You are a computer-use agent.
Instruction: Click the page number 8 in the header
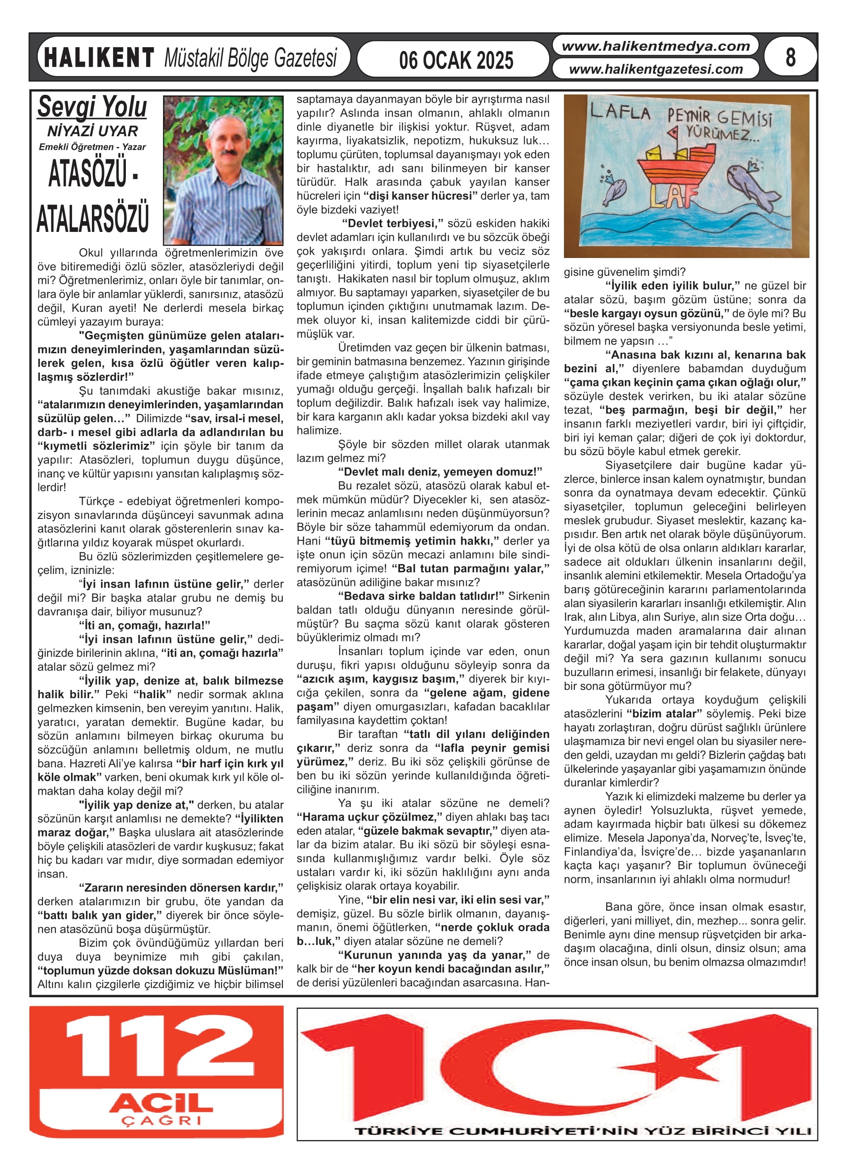pyautogui.click(x=790, y=57)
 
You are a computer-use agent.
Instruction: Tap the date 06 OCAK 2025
pyautogui.click(x=455, y=60)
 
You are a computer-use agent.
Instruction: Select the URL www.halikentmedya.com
pyautogui.click(x=655, y=46)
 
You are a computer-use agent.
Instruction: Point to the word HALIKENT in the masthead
pyautogui.click(x=99, y=58)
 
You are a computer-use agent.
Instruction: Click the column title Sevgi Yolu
pyautogui.click(x=92, y=107)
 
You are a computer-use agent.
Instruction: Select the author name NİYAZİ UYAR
pyautogui.click(x=92, y=131)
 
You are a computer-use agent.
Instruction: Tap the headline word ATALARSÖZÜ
pyautogui.click(x=93, y=217)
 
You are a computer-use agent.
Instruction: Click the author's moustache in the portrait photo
pyautogui.click(x=228, y=153)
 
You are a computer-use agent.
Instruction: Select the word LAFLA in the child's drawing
pyautogui.click(x=620, y=112)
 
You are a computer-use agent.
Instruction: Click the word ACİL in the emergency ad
pyautogui.click(x=161, y=1103)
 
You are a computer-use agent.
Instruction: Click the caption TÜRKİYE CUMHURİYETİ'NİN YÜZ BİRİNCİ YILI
pyautogui.click(x=583, y=1145)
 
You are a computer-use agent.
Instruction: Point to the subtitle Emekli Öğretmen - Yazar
pyautogui.click(x=92, y=147)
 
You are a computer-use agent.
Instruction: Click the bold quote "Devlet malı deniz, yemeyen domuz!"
pyautogui.click(x=440, y=472)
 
